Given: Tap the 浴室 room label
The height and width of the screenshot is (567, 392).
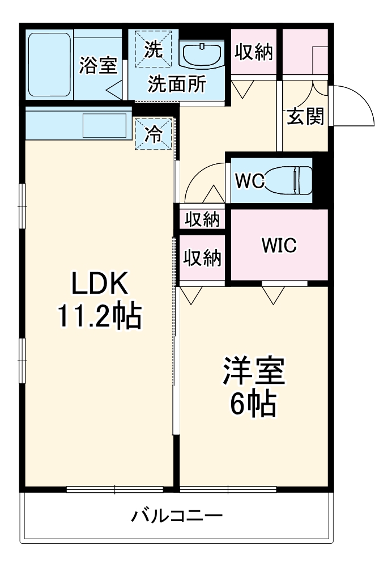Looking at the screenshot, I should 98,65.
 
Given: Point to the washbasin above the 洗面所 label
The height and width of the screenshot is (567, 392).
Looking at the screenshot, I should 201,54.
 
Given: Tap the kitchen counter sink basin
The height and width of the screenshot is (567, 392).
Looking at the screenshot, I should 105,124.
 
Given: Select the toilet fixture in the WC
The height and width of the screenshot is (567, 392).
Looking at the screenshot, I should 290,180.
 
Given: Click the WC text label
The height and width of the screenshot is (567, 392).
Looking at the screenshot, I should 249,181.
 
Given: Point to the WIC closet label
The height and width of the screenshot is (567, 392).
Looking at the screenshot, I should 278,247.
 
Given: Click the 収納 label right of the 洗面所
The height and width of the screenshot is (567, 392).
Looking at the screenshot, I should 253,52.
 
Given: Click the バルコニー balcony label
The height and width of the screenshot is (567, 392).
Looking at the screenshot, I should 177,516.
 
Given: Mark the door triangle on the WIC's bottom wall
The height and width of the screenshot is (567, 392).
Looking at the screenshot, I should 274,294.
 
